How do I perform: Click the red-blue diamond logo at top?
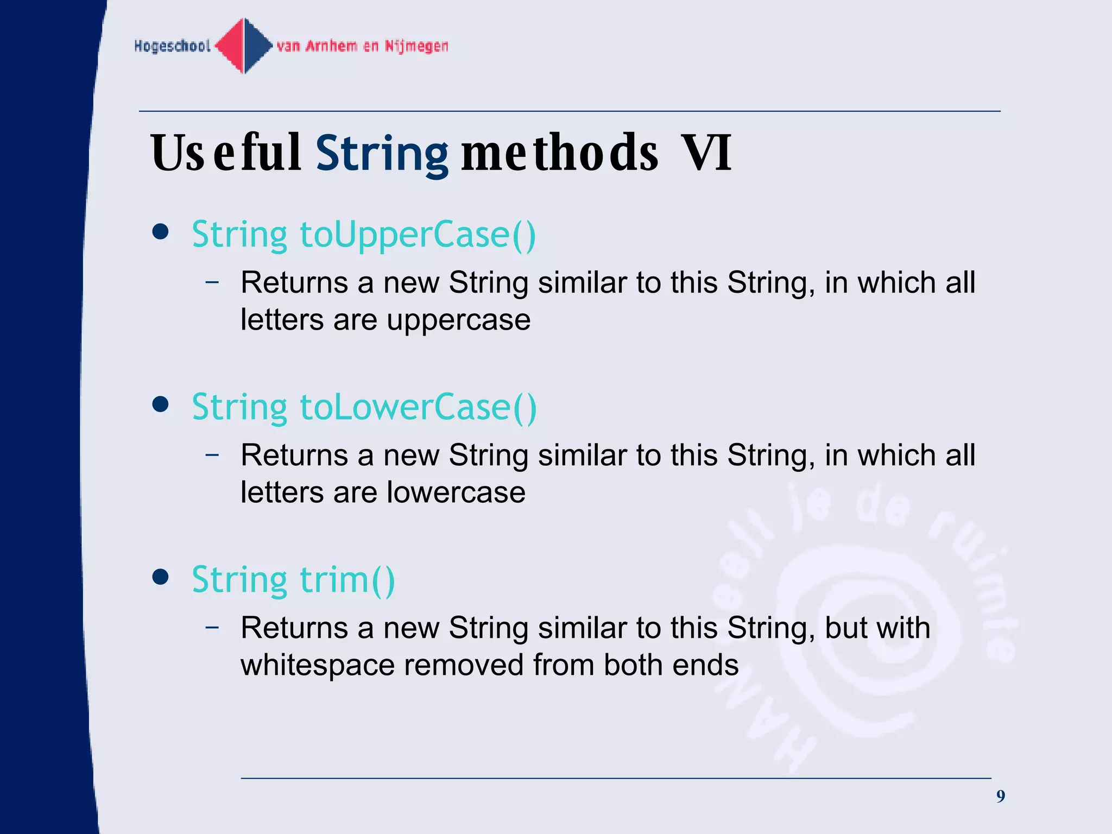(x=244, y=46)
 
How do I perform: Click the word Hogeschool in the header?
(x=172, y=46)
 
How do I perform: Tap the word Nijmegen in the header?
(x=416, y=46)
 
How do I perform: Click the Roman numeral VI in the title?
(x=706, y=153)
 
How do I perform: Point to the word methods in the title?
(x=559, y=154)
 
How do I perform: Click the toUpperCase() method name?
(x=418, y=235)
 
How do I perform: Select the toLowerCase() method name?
(x=418, y=407)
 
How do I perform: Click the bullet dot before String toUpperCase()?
(x=160, y=232)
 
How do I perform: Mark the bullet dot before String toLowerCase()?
(x=160, y=405)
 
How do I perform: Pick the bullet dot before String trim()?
(x=160, y=577)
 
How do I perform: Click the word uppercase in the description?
(x=458, y=320)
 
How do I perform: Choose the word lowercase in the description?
(x=456, y=492)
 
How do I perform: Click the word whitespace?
(x=317, y=665)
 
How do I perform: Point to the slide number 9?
(x=1000, y=797)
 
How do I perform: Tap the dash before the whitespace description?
(x=212, y=627)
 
